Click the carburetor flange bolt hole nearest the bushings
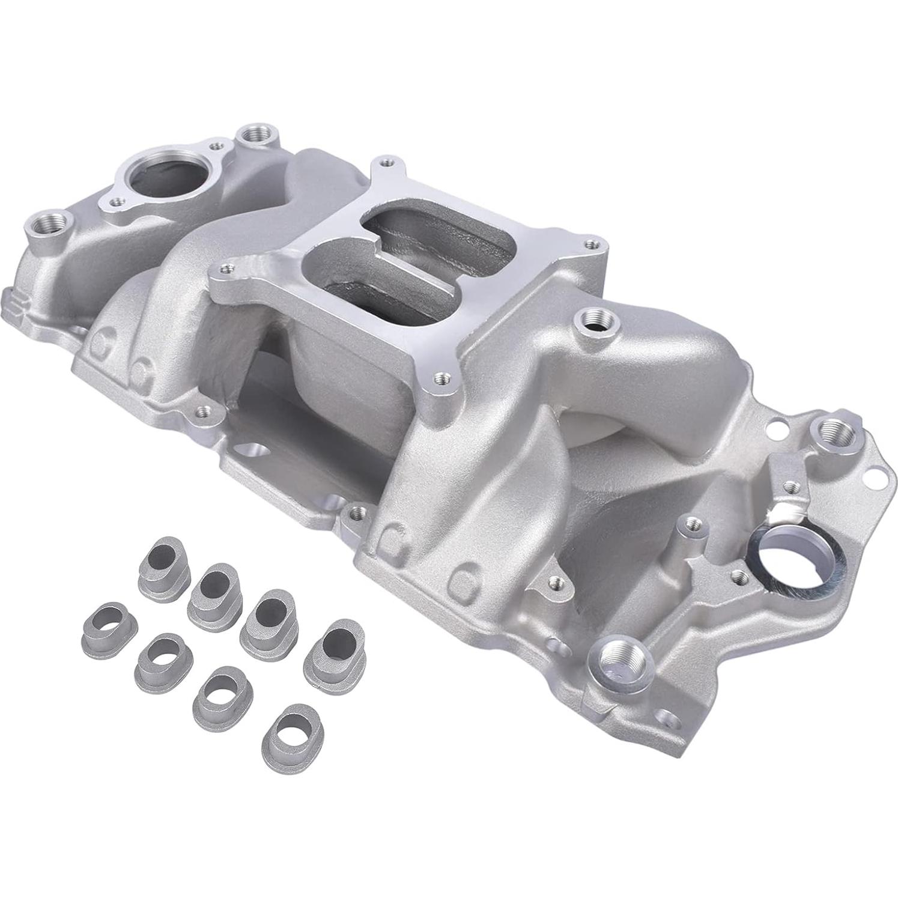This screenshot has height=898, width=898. pyautogui.click(x=441, y=378)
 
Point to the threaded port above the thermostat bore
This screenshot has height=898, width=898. pyautogui.click(x=259, y=135)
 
